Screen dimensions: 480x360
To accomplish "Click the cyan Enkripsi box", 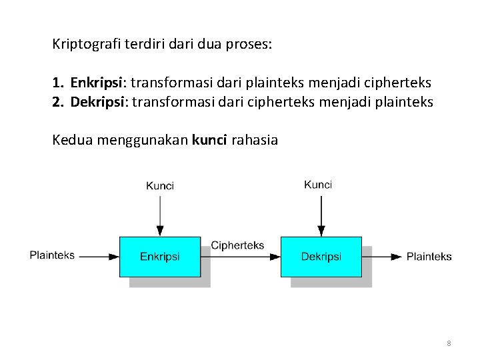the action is pyautogui.click(x=159, y=257).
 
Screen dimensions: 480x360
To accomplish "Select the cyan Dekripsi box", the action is pyautogui.click(x=321, y=257).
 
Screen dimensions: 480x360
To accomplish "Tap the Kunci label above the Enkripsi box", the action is pyautogui.click(x=160, y=185).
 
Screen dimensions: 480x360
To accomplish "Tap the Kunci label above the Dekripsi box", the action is pyautogui.click(x=318, y=185).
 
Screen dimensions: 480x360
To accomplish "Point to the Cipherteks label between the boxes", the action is pyautogui.click(x=237, y=245).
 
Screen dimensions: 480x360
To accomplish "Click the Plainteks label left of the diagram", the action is pyautogui.click(x=52, y=255).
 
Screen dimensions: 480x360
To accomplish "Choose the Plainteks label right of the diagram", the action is pyautogui.click(x=429, y=256).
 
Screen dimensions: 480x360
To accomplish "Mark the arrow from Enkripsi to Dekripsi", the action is pyautogui.click(x=240, y=257).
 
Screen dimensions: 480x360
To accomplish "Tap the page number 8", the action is pyautogui.click(x=449, y=343).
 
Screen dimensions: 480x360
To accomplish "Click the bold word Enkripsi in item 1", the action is pyautogui.click(x=97, y=83).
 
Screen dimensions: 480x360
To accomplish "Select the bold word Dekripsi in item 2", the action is pyautogui.click(x=98, y=102).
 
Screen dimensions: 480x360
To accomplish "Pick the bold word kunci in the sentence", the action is pyautogui.click(x=209, y=140).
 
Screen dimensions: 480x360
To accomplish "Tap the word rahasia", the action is pyautogui.click(x=254, y=140).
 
